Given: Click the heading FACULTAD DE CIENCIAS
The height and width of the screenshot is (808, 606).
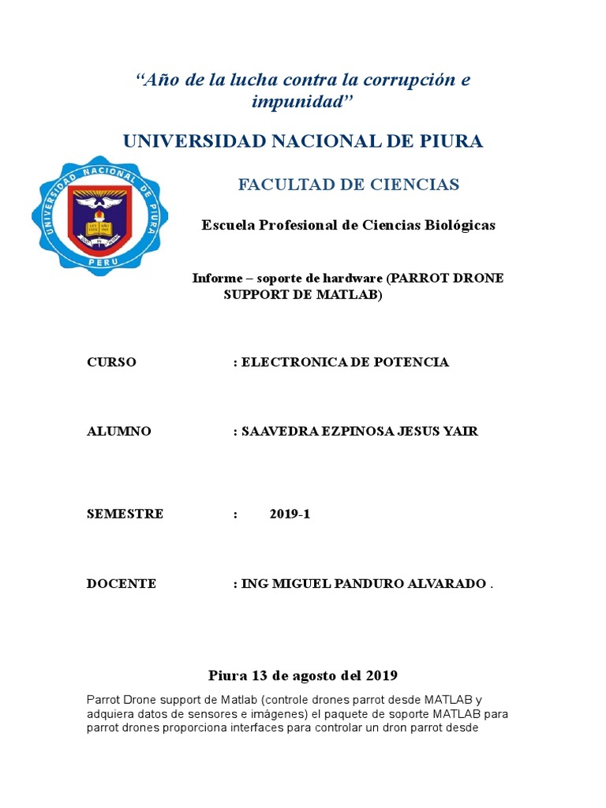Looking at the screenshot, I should click(x=349, y=185).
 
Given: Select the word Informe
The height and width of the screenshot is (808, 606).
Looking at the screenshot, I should click(x=216, y=279).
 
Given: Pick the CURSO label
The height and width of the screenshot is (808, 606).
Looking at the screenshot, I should click(x=111, y=362).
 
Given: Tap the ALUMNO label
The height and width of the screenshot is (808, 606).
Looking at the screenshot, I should click(x=118, y=432).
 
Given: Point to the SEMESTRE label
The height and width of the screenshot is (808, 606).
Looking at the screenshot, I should click(x=125, y=514).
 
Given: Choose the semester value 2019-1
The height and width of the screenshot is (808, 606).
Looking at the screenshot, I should click(x=290, y=514).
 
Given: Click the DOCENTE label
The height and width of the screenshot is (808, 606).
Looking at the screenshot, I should click(x=122, y=584).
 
